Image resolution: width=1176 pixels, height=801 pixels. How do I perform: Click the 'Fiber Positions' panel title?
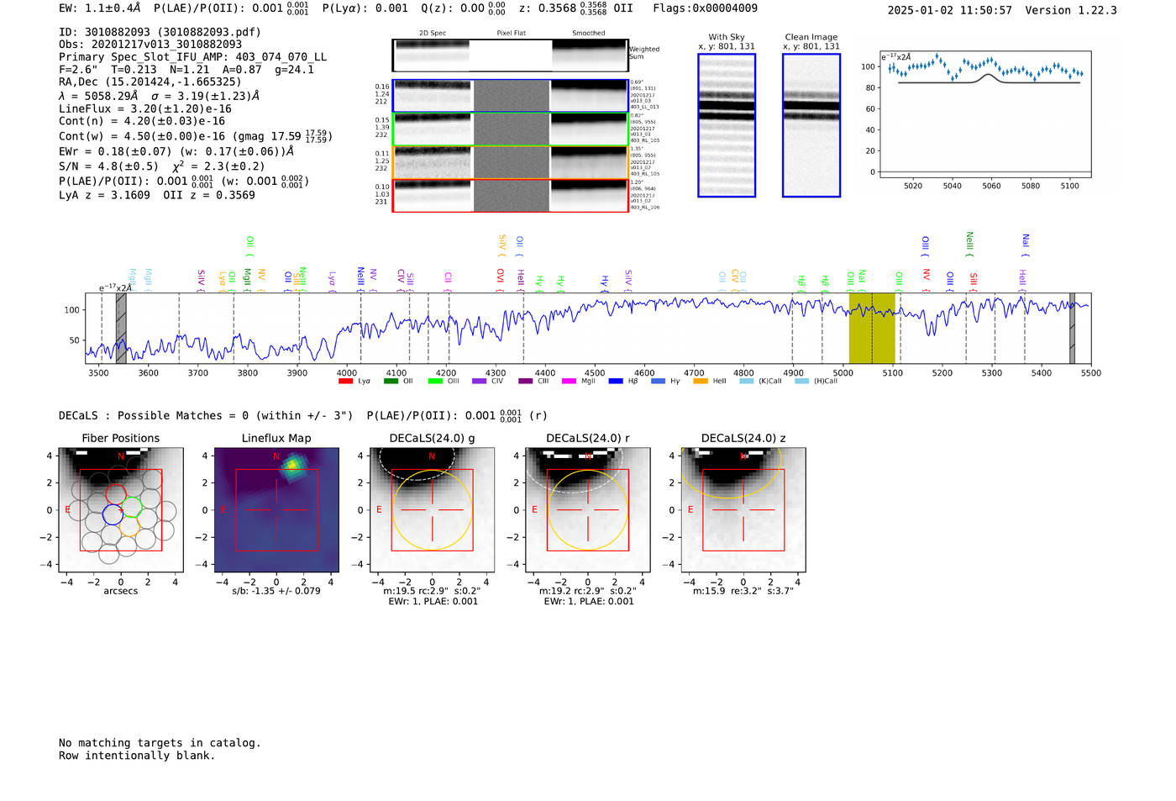pos(120,438)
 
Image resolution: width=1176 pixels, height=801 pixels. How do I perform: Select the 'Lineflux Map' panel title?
pos(276,438)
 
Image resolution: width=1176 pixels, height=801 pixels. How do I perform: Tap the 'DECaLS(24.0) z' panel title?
pos(743,438)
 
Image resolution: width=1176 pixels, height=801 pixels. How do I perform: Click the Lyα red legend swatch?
pos(345,382)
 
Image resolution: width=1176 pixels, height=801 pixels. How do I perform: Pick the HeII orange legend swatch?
pos(701,382)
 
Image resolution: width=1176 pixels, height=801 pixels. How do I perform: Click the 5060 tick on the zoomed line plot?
pos(991,186)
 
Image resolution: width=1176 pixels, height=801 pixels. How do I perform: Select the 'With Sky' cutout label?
pos(726,37)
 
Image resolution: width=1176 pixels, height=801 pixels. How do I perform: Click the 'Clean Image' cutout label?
pos(811,37)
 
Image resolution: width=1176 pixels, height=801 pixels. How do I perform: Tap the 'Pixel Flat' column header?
pos(511,33)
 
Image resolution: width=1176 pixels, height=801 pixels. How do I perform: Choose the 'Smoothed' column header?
pos(588,33)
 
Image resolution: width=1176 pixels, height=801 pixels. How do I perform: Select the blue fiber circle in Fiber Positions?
pos(113,514)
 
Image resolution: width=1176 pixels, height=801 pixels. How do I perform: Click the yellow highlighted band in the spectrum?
pos(871,328)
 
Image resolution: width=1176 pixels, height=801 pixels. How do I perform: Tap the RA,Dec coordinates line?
pos(150,82)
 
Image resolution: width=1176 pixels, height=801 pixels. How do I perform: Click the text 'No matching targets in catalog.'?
pos(160,743)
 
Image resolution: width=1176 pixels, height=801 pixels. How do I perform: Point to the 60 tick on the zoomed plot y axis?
pos(869,108)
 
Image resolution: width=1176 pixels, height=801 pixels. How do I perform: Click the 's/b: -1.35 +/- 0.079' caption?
pos(276,591)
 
